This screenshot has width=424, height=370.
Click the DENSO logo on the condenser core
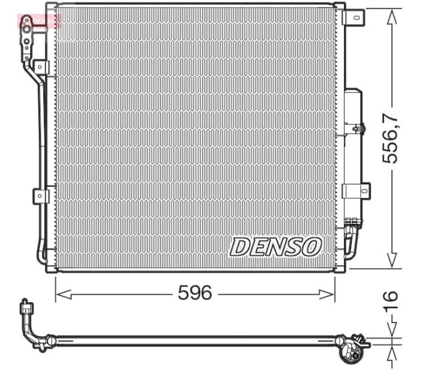(x=276, y=247)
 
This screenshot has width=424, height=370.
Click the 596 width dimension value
(x=195, y=292)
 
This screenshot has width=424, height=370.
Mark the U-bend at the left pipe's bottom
(x=41, y=254)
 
